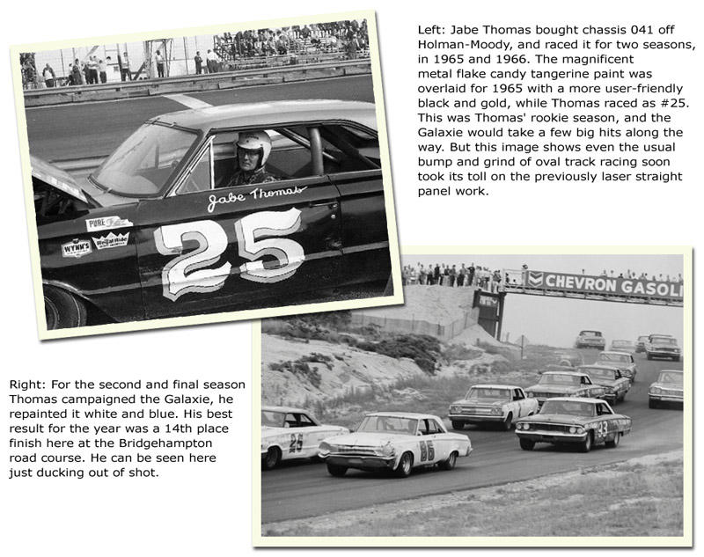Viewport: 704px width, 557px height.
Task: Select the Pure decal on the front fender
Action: point(108,224)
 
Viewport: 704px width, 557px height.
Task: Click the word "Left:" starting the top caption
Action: point(431,30)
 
